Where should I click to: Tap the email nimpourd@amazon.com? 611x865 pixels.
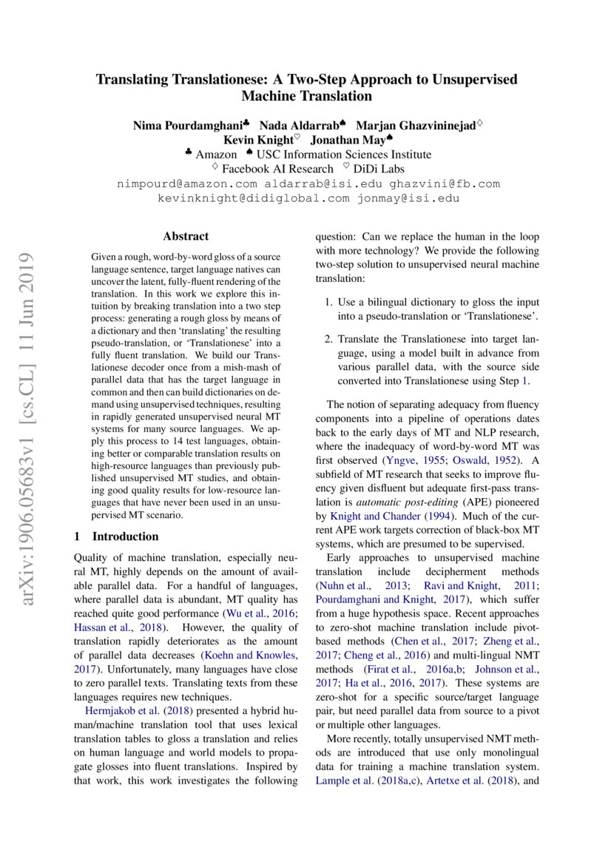click(x=187, y=184)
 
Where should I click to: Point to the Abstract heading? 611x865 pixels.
click(x=186, y=237)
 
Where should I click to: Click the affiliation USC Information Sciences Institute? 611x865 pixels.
click(x=342, y=155)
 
